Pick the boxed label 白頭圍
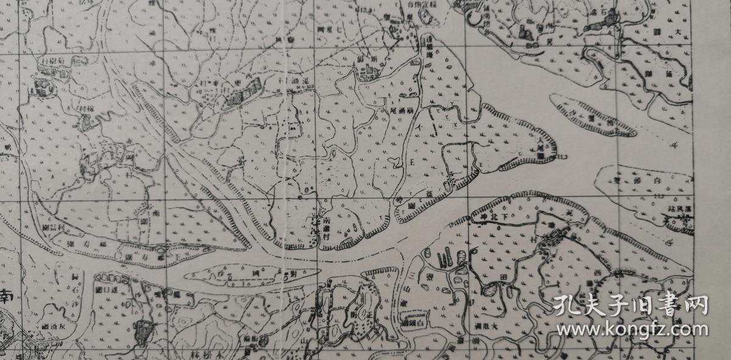point(417,320)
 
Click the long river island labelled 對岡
point(256,275)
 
